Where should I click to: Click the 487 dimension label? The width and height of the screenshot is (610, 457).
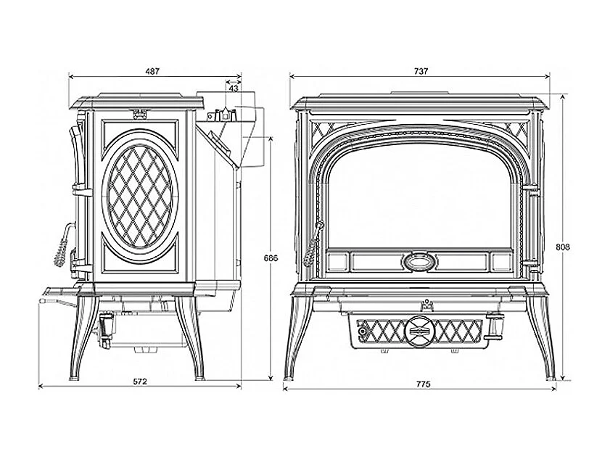coord(152,71)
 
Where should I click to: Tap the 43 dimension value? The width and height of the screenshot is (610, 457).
coord(234,88)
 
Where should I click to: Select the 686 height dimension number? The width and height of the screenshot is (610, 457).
coord(271,258)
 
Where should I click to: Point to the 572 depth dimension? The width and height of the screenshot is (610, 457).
coord(140,382)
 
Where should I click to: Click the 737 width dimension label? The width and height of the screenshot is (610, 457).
coord(421,71)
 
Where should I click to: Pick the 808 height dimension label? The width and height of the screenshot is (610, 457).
coord(563,247)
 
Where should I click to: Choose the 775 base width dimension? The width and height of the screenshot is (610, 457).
coord(424,384)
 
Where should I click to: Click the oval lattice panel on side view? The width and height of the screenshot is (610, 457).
coord(140,196)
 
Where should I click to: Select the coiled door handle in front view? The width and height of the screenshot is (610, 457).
coord(313,243)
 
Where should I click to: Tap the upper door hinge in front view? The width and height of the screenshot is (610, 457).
coord(532,191)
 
